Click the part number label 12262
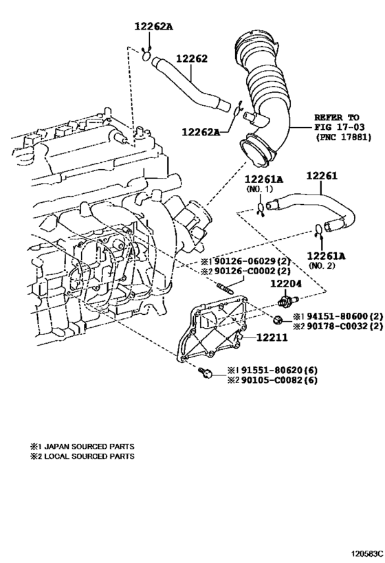tap(191, 59)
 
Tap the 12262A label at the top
tap(153, 26)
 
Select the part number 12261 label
tap(322, 176)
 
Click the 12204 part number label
tap(286, 284)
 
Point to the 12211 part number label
tap(272, 338)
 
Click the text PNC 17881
tap(343, 137)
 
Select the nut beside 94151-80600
tap(278, 319)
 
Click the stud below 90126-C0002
tap(224, 287)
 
